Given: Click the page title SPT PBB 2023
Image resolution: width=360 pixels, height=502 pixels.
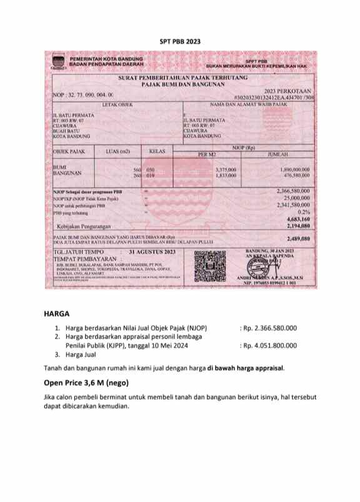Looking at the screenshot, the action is click(179, 41).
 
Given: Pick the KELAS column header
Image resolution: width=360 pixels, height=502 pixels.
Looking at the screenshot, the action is click(157, 150).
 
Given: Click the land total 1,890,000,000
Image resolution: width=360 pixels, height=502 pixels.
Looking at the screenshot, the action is click(295, 169).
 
